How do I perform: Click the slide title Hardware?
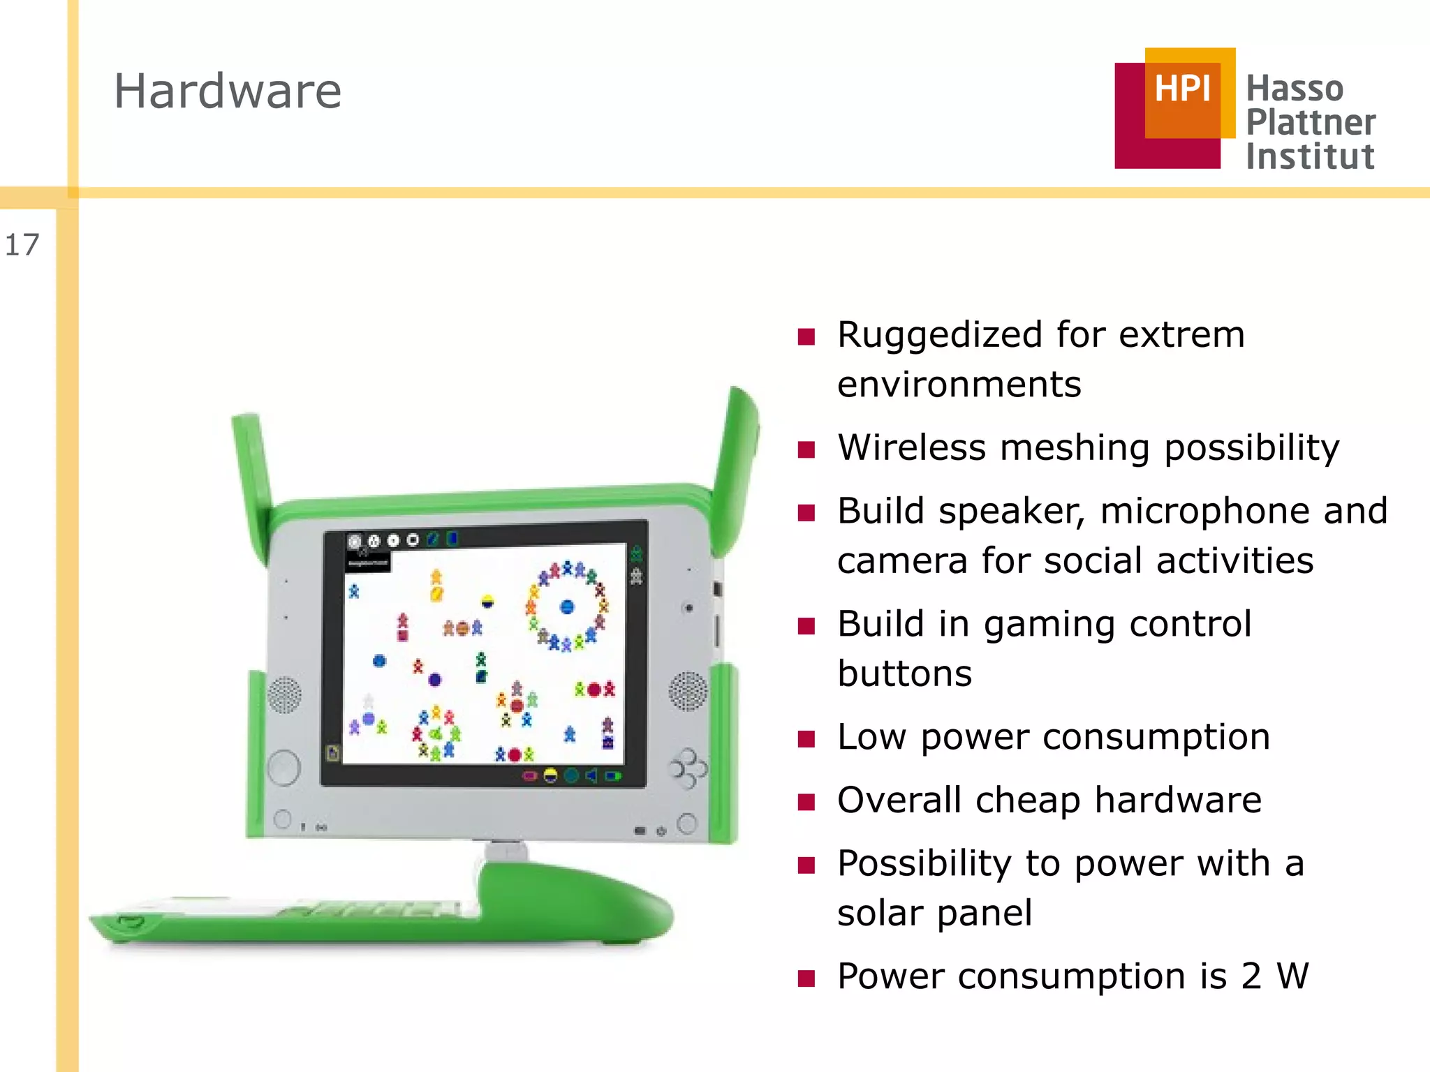(x=228, y=91)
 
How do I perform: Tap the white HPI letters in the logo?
(x=1181, y=89)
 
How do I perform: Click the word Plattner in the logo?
(x=1311, y=122)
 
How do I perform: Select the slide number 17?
(x=22, y=245)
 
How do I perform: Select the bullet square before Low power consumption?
(x=806, y=739)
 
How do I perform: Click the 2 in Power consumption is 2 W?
(x=1251, y=976)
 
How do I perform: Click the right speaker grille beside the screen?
(x=688, y=691)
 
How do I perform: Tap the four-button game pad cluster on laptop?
(x=688, y=768)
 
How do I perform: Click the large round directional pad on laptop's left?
(x=283, y=768)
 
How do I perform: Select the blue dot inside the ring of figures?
(x=567, y=606)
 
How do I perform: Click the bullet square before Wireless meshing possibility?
(x=806, y=449)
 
